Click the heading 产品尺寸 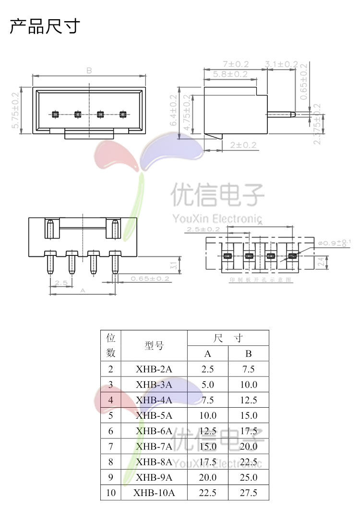coord(45,26)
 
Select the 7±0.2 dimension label coord(236,64)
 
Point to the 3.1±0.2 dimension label coord(282,64)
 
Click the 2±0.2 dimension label coord(243,145)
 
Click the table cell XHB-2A coord(154,369)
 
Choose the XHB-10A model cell coord(154,493)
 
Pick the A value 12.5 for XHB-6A coord(207,431)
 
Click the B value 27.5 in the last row coord(248,493)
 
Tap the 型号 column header coord(154,345)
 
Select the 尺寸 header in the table coord(228,339)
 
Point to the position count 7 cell coord(111,447)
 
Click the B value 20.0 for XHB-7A coord(248,447)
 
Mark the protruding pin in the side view coord(281,114)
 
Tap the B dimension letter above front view coord(89,71)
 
